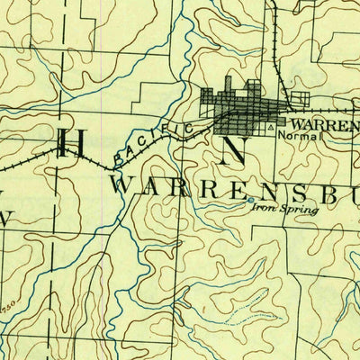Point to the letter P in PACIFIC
120,160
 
